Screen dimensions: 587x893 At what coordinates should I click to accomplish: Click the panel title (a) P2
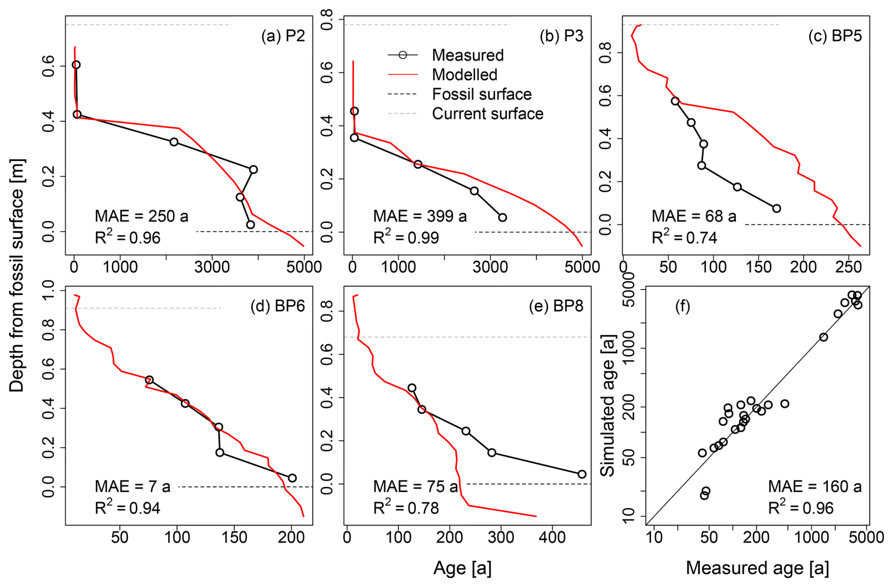pos(283,36)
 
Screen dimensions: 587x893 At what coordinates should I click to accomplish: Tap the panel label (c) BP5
pos(835,36)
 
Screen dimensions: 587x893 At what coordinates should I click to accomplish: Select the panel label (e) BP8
pos(556,306)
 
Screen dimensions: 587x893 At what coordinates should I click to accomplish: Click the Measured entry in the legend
pos(467,55)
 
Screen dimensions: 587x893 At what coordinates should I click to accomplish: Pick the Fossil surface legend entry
pos(481,94)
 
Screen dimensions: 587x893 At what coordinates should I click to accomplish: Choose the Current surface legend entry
pos(487,114)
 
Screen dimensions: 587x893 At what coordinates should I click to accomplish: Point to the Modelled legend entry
pos(464,75)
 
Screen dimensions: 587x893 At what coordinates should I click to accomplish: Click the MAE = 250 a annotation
pos(142,216)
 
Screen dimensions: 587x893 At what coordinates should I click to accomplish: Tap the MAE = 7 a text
pos(133,486)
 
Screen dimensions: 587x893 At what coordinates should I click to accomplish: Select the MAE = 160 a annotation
pos(815,486)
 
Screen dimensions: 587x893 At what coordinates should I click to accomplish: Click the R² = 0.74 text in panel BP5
pos(684,237)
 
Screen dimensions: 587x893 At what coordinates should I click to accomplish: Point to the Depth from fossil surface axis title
pos(17,275)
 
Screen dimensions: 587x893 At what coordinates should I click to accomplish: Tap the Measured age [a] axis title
pos(757,568)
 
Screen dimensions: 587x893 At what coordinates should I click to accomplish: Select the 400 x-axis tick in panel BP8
pos(552,537)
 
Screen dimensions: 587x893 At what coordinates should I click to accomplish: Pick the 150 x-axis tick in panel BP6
pos(235,537)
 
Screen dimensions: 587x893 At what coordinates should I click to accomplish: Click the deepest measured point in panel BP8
pos(582,474)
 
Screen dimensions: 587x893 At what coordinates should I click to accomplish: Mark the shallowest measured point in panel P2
pos(76,65)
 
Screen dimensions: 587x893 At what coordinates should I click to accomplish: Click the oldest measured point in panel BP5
pos(776,208)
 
